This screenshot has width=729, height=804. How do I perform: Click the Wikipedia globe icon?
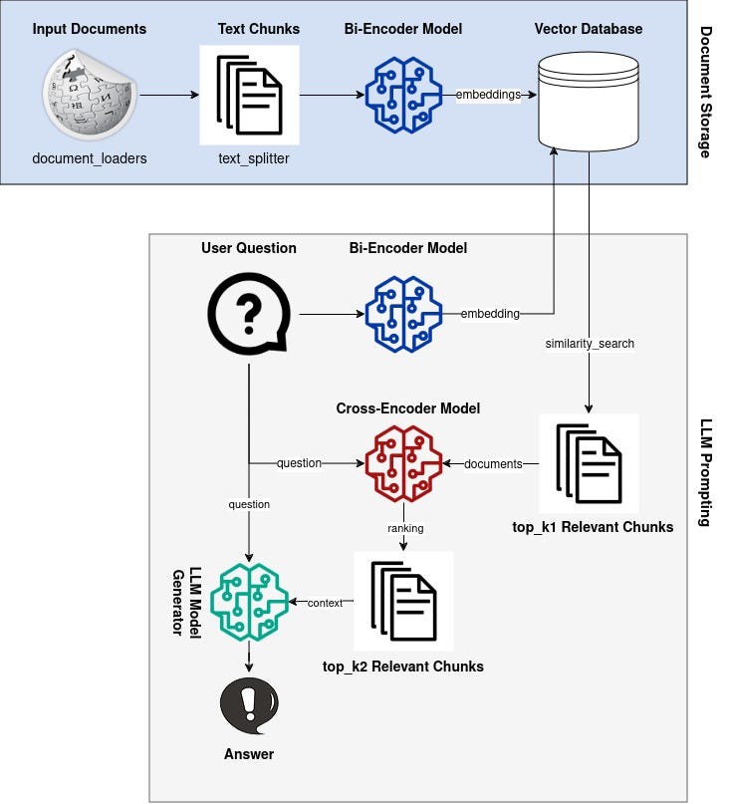[90, 96]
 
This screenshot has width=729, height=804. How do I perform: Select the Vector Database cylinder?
[588, 101]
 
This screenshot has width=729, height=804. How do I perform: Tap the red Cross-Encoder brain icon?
[402, 462]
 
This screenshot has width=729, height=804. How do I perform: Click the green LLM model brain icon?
[248, 601]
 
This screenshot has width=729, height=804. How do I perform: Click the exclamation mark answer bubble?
[248, 706]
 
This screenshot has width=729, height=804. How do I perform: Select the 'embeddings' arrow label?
[488, 95]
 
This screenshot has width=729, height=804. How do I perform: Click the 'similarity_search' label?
[590, 344]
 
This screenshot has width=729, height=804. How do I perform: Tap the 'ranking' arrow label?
[402, 527]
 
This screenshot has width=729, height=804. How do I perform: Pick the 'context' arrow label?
[325, 603]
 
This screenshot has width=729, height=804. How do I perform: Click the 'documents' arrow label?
[493, 463]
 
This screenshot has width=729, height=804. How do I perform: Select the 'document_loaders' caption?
[90, 158]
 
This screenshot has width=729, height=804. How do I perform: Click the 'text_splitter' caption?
[254, 158]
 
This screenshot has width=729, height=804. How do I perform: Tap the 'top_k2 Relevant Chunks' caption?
[403, 666]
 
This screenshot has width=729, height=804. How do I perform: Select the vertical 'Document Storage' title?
[706, 93]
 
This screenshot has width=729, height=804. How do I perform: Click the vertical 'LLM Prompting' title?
[706, 472]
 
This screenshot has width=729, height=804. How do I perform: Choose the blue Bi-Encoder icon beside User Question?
[402, 315]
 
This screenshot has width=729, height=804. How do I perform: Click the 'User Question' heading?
[248, 248]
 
